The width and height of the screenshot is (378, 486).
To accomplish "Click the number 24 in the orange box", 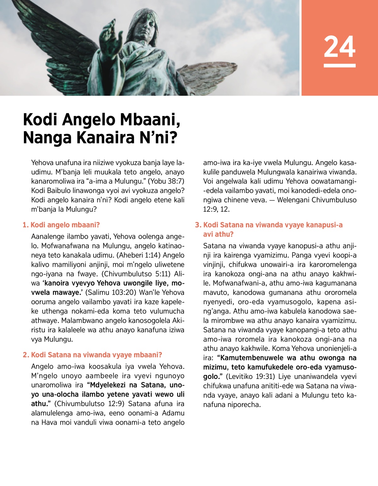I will (x=340, y=47).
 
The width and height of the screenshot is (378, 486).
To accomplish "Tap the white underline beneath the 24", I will (x=340, y=66).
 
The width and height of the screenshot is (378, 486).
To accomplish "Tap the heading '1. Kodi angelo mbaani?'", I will (x=61, y=225).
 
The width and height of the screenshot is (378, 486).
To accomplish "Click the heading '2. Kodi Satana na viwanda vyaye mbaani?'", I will (x=92, y=355).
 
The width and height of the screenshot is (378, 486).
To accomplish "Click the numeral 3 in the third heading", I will (x=198, y=225).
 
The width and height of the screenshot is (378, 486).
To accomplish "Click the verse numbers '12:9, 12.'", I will (x=216, y=209).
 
